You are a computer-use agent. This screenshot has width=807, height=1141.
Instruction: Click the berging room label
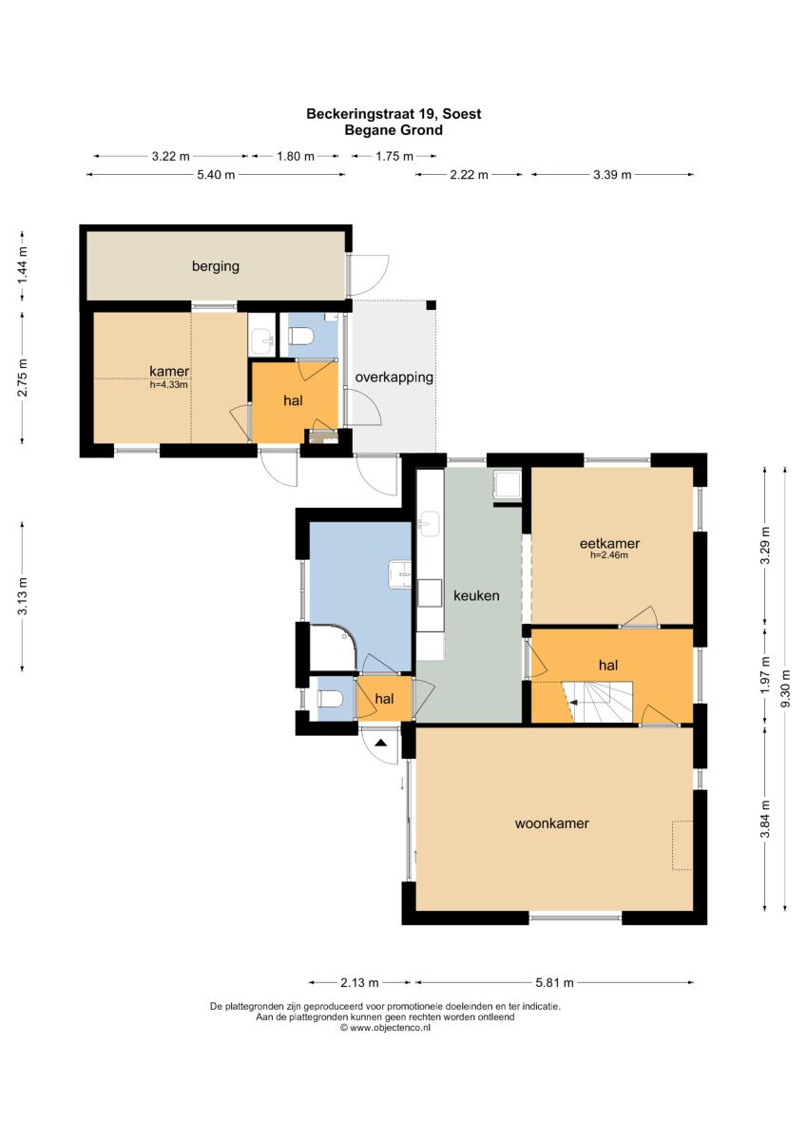point(216,266)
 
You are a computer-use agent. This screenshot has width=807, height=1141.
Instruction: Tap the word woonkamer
point(552,823)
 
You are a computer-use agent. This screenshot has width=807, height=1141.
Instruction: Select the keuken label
point(476,595)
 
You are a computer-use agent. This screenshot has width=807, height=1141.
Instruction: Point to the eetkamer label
point(609,543)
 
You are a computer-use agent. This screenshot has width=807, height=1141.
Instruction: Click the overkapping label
point(394,377)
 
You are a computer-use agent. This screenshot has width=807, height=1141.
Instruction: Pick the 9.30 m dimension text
point(786,687)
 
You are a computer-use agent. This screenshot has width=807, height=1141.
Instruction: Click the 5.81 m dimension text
point(554,982)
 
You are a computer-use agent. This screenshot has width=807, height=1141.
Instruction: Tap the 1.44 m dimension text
point(23,266)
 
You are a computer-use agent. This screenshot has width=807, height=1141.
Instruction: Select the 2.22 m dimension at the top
point(469,175)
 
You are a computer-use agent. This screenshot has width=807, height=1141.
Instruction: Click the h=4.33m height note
point(168,385)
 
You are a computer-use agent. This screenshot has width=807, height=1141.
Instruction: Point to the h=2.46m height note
point(609,555)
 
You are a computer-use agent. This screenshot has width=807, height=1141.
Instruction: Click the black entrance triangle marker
point(381,744)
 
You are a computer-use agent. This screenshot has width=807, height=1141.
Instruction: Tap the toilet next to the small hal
point(330,698)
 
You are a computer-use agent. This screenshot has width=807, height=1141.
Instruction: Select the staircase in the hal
point(597,702)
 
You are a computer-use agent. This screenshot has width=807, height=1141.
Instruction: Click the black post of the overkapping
point(431,305)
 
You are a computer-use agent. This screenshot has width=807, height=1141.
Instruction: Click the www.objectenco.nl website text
point(385,1028)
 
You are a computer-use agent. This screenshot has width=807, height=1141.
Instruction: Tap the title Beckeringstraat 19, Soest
point(394,113)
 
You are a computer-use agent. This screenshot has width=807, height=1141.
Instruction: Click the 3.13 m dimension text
point(23,596)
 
